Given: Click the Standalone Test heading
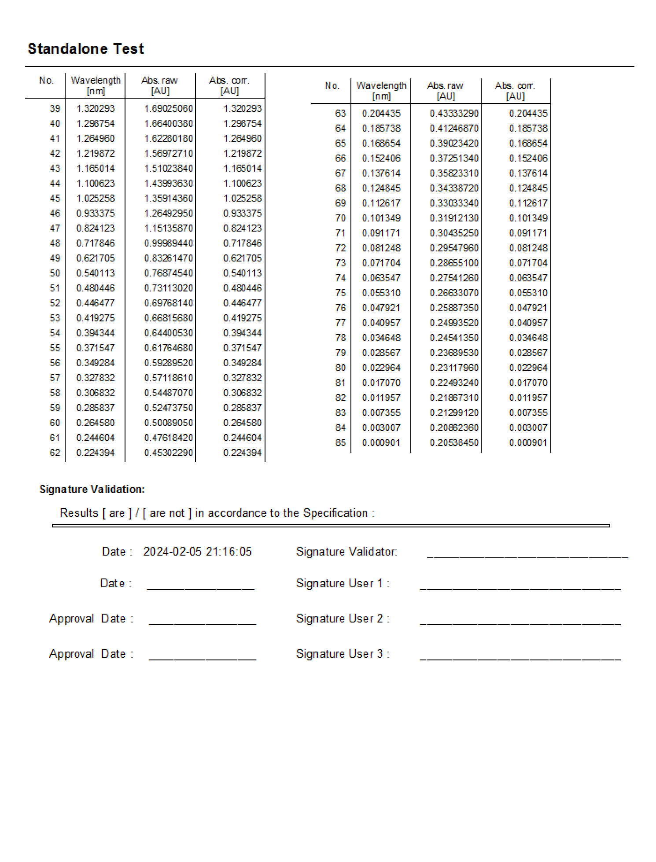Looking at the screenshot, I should click(x=86, y=48).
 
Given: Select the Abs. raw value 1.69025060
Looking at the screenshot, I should click(x=169, y=108).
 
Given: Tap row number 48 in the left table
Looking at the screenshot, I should click(x=55, y=243).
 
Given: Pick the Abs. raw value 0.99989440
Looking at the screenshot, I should click(x=169, y=243).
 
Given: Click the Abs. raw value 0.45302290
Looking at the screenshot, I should click(x=169, y=453).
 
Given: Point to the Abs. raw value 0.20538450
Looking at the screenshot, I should click(x=454, y=442).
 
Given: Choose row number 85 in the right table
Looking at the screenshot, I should click(x=340, y=442).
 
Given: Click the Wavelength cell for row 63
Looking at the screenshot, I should click(x=381, y=113).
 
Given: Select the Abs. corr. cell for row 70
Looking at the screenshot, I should click(x=528, y=218).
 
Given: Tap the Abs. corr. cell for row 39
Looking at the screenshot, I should click(x=243, y=108).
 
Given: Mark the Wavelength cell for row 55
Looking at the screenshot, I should click(x=96, y=348).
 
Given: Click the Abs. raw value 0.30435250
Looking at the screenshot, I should click(x=454, y=233).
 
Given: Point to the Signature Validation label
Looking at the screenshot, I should click(x=92, y=489).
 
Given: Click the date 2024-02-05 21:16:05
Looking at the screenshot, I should click(x=197, y=552).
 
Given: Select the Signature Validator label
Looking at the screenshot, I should click(x=346, y=552).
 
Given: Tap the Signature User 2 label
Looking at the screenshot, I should click(x=343, y=619).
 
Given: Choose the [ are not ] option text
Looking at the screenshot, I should click(x=167, y=513).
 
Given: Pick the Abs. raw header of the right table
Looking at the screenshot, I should click(x=445, y=90).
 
